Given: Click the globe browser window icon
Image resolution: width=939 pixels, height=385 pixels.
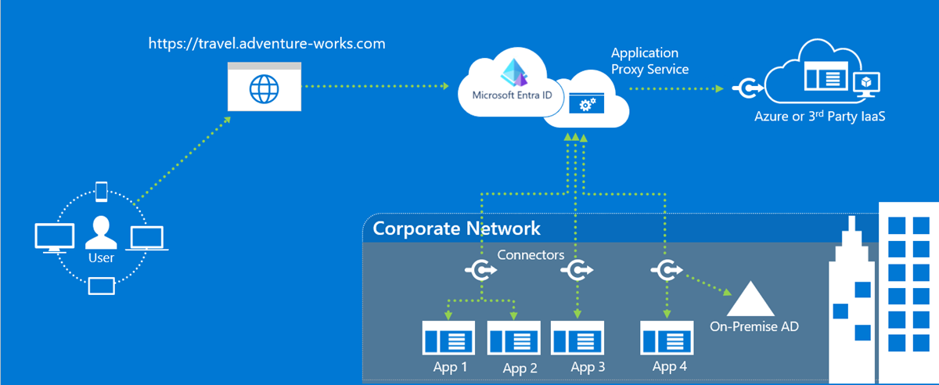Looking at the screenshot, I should (x=263, y=87).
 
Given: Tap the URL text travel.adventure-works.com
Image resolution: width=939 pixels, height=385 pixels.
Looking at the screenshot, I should (x=267, y=44).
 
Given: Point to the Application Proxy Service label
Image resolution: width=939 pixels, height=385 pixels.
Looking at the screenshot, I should (x=649, y=61).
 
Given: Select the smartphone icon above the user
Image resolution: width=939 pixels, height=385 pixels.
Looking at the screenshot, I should (x=102, y=191).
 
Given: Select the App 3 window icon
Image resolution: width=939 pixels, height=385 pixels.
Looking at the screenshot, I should (x=577, y=338).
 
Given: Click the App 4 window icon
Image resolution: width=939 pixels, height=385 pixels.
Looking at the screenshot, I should (x=667, y=338).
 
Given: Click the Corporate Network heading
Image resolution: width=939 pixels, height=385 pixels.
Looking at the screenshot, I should (x=456, y=228).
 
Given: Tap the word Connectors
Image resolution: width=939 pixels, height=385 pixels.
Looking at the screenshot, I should (x=531, y=255).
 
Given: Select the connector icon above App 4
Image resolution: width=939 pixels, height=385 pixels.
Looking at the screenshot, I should (x=666, y=271).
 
